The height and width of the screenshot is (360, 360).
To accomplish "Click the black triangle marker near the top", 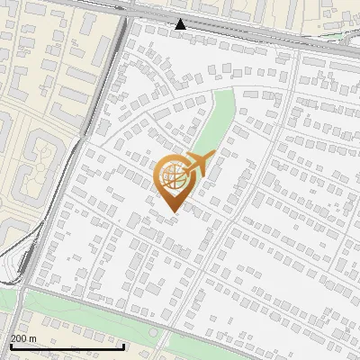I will tap(181, 24).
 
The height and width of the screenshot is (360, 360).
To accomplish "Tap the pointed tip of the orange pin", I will tap(173, 211).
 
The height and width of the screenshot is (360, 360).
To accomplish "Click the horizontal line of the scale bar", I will tap(67, 346).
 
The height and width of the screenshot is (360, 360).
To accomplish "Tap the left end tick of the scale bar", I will tap(11, 345).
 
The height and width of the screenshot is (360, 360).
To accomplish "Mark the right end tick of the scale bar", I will tap(124, 345).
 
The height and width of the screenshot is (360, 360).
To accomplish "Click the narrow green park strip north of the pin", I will tap(216, 121).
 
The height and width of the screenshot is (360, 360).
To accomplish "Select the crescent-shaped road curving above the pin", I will tap(180, 95).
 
